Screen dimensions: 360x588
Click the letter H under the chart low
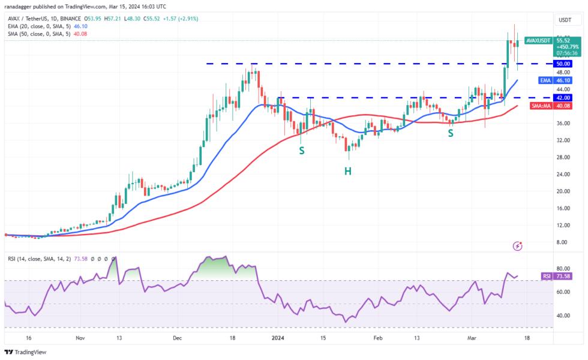pyautogui.click(x=347, y=171)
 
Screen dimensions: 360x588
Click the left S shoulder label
pyautogui.click(x=302, y=150)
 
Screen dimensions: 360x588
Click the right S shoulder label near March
pyautogui.click(x=450, y=132)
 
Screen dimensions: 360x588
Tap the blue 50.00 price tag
pyautogui.click(x=563, y=64)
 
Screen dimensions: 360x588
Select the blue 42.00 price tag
pyautogui.click(x=563, y=97)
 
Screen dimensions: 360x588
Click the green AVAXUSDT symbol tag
pyautogui.click(x=538, y=40)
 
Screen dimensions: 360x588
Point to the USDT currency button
pyautogui.click(x=563, y=19)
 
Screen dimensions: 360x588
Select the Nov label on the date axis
pyautogui.click(x=80, y=338)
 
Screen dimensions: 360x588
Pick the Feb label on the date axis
pyautogui.click(x=377, y=338)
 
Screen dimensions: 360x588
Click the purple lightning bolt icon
pyautogui.click(x=517, y=246)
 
